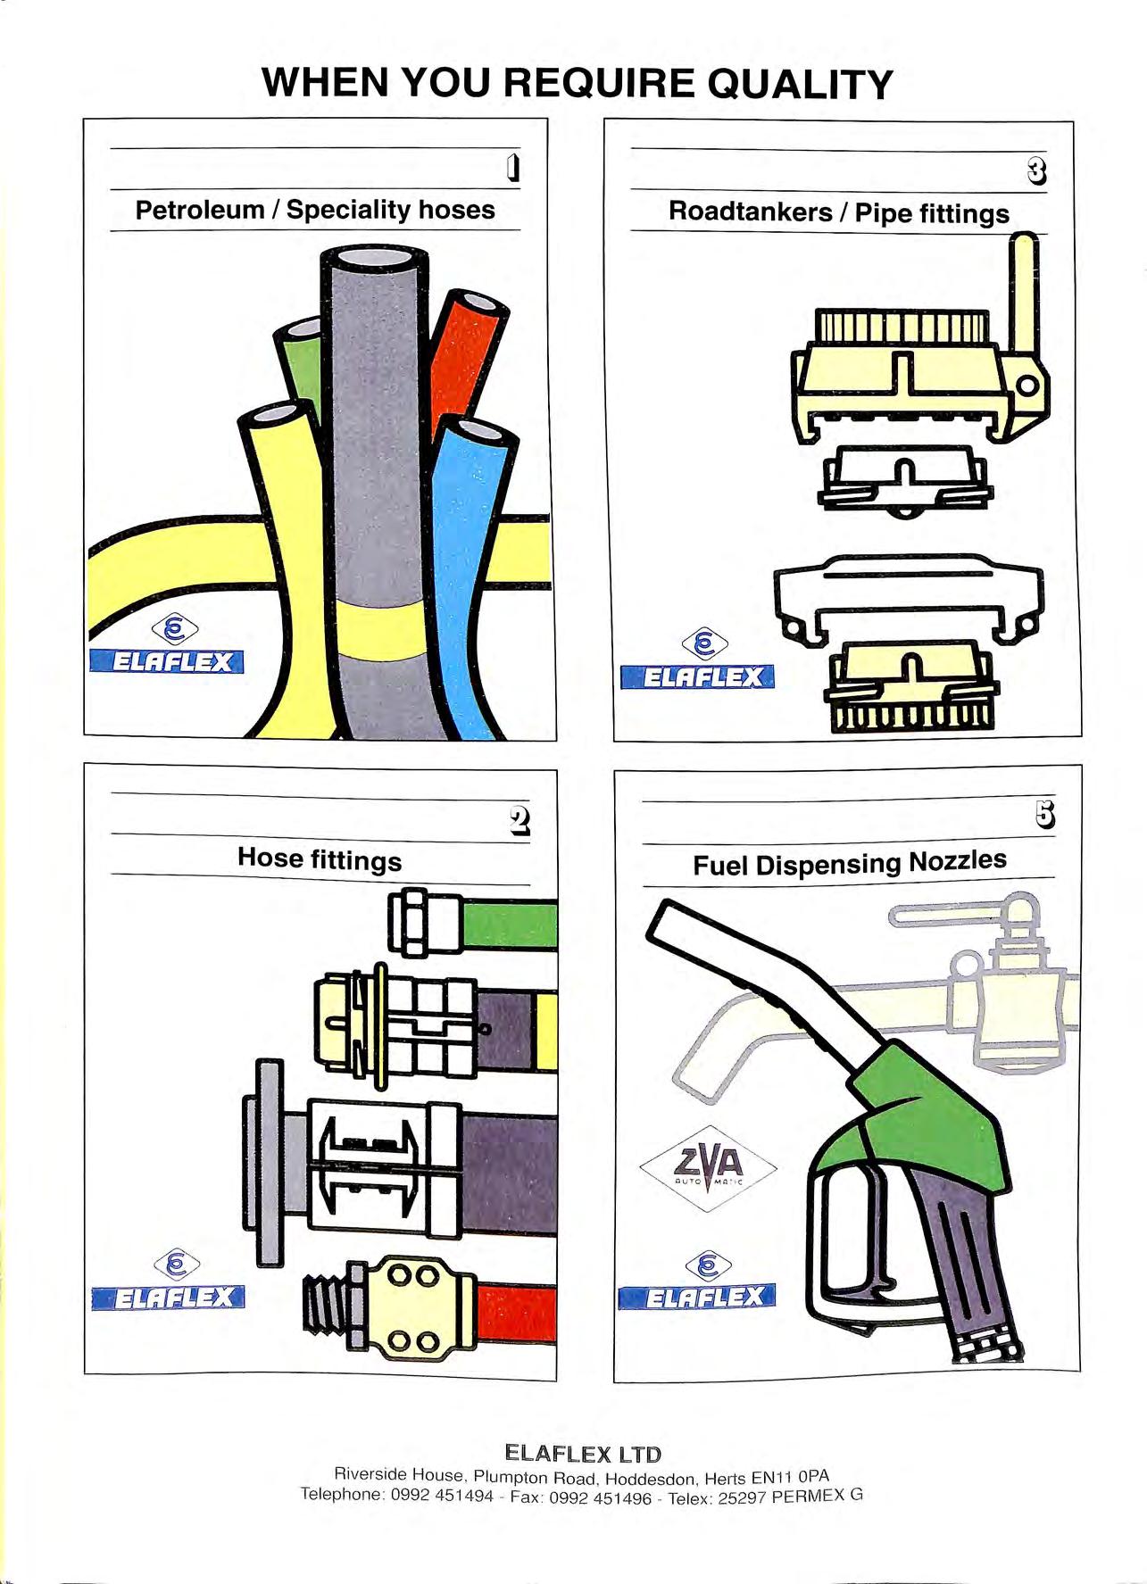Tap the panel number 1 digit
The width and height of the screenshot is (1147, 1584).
(512, 169)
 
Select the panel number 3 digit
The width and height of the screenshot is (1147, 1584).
(1036, 170)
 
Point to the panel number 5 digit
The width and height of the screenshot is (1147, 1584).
(1044, 814)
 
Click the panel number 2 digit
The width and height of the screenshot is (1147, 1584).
(519, 820)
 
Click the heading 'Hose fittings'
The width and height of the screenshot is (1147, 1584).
(320, 859)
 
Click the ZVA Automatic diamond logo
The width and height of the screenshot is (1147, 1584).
(708, 1168)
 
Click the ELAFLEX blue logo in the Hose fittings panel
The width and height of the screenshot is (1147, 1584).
(168, 1297)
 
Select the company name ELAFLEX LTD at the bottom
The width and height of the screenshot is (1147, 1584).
(583, 1453)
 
